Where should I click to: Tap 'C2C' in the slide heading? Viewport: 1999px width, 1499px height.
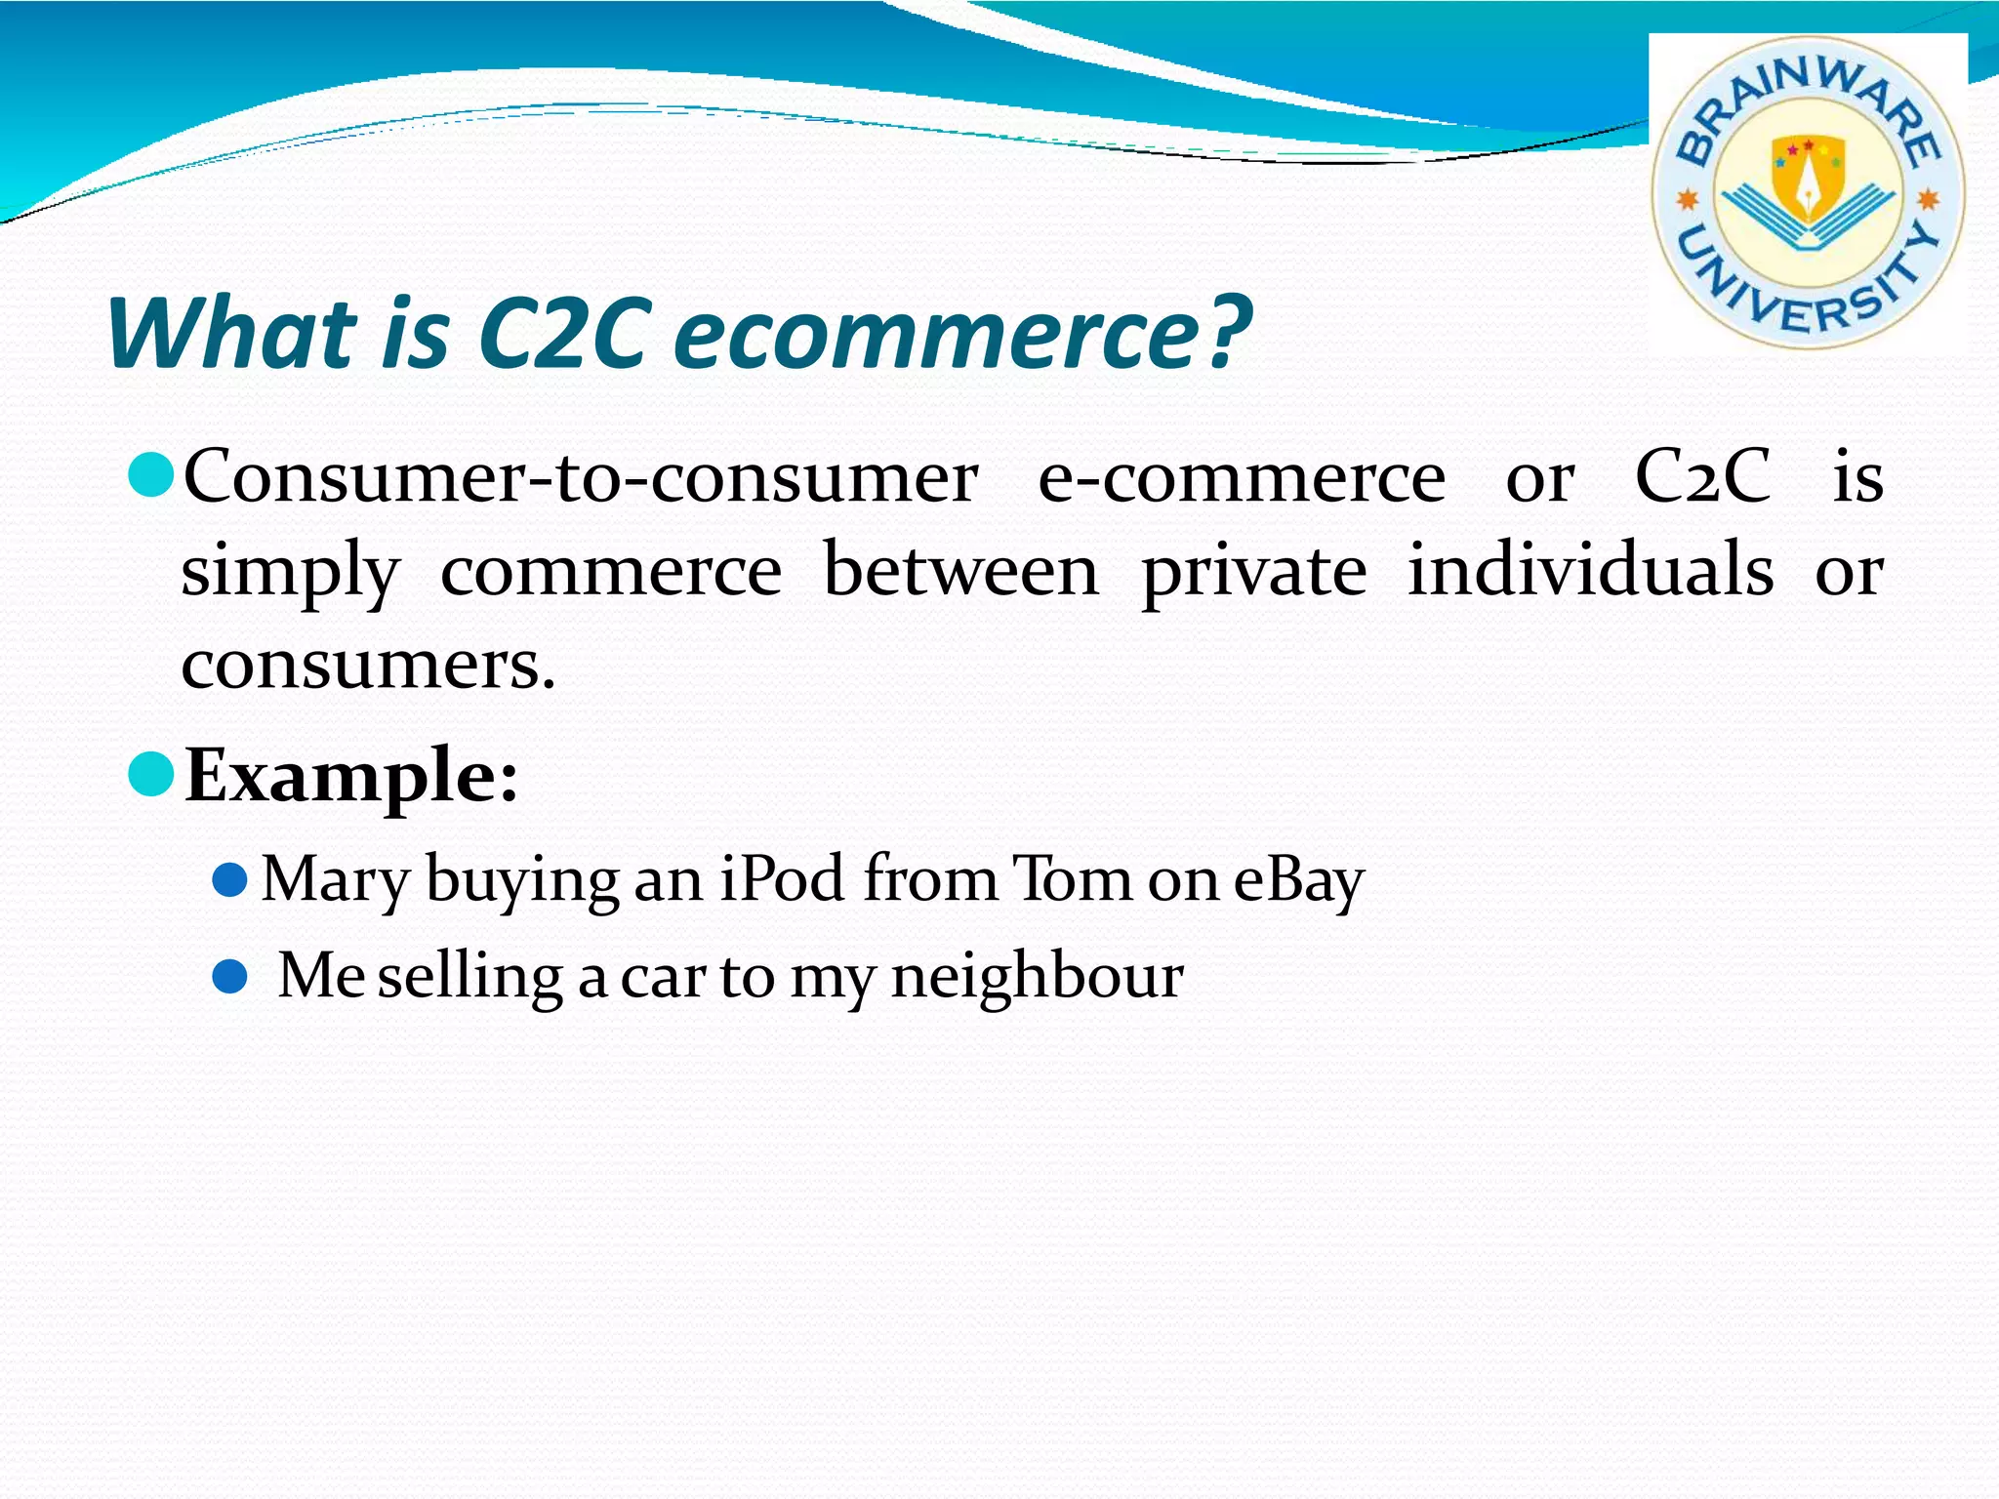[564, 334]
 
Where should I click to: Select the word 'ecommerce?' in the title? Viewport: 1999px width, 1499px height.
[961, 334]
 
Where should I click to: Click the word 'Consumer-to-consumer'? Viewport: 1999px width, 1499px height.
[581, 478]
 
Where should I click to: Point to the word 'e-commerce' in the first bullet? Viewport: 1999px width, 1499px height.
[1242, 478]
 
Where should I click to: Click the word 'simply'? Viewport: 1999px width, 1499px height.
[290, 574]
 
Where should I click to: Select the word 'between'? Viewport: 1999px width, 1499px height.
[960, 572]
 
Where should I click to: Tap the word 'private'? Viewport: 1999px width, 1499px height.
[1254, 574]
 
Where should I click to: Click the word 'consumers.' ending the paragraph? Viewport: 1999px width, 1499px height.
[368, 666]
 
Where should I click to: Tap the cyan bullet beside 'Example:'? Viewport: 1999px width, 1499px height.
[151, 774]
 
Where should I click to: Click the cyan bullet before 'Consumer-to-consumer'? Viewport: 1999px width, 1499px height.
[151, 475]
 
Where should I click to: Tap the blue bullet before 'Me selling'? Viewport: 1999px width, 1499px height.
[230, 976]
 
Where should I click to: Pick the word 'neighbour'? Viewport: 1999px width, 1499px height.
[1037, 977]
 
